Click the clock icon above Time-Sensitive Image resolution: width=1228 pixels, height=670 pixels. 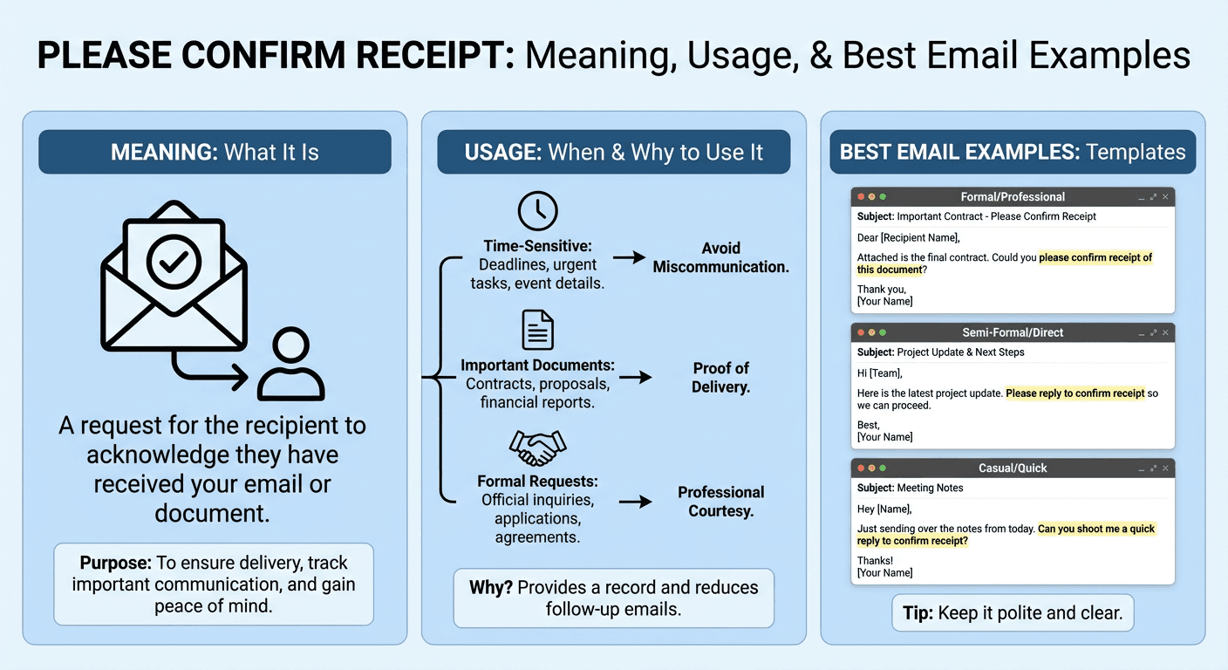pyautogui.click(x=537, y=211)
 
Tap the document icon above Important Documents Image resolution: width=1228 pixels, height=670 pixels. pyautogui.click(x=537, y=330)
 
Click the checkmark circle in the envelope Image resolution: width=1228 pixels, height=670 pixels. pyautogui.click(x=174, y=259)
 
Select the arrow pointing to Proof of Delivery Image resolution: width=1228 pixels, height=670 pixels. pyautogui.click(x=635, y=377)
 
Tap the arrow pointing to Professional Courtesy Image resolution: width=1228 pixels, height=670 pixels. pyautogui.click(x=635, y=502)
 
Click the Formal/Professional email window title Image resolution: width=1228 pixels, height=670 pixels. pyautogui.click(x=1013, y=197)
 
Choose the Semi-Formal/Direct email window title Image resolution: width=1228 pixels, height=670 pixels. pyautogui.click(x=1013, y=332)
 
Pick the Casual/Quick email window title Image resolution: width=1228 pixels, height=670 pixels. pyautogui.click(x=1013, y=468)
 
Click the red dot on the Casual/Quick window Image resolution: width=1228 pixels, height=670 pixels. pyautogui.click(x=861, y=468)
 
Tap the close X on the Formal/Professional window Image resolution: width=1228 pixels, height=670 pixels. pyautogui.click(x=1165, y=197)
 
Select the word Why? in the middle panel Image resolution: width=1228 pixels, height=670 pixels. pyautogui.click(x=491, y=587)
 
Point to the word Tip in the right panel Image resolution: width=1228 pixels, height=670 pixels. pyautogui.click(x=916, y=612)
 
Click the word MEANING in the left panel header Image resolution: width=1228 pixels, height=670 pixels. pyautogui.click(x=162, y=153)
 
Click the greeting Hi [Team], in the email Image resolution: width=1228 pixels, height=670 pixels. pyautogui.click(x=880, y=373)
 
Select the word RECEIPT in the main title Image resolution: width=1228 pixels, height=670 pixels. pyautogui.click(x=420, y=56)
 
